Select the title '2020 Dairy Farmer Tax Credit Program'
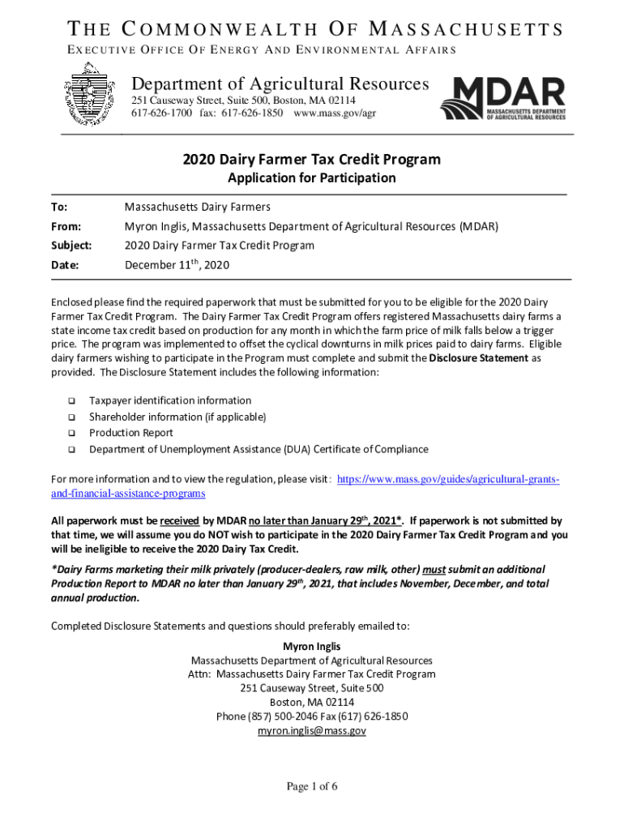tap(311, 160)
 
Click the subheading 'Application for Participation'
tap(311, 178)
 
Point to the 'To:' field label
tap(58, 207)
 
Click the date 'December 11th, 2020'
tap(177, 264)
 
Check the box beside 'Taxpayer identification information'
tap(71, 401)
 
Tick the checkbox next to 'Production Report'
tap(71, 434)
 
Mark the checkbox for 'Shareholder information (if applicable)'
tap(71, 417)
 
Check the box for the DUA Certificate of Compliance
tap(71, 450)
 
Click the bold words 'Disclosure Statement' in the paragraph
tap(478, 357)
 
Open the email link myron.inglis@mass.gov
tap(311, 730)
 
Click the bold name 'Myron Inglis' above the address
tap(311, 646)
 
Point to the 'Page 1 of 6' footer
tap(311, 786)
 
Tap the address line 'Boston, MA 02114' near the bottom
tap(311, 702)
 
